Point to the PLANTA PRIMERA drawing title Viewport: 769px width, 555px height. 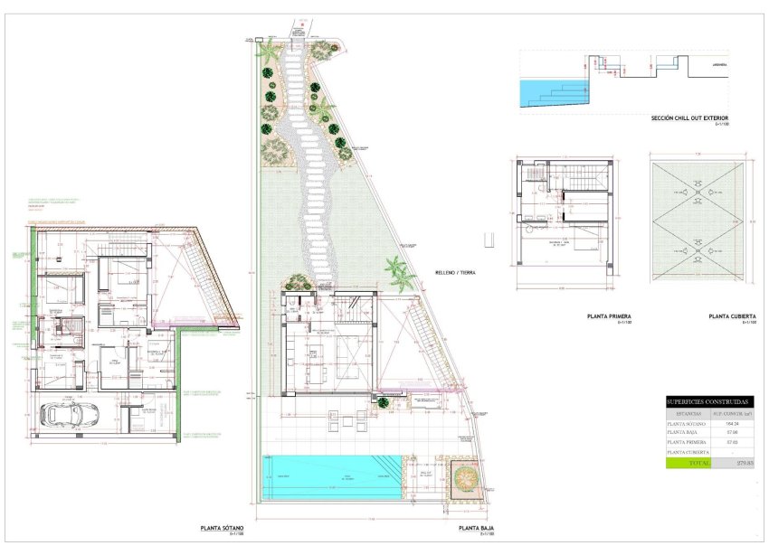(608, 316)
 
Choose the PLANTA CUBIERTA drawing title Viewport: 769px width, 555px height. (732, 316)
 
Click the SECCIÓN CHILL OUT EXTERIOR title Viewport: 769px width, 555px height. (689, 118)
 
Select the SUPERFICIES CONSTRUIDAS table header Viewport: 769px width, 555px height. (707, 400)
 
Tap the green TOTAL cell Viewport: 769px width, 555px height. (688, 463)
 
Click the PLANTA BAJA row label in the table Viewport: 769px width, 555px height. (687, 432)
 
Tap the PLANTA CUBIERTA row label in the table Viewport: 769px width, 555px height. (689, 451)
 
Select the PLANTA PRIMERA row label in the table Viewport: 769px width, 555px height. (689, 442)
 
